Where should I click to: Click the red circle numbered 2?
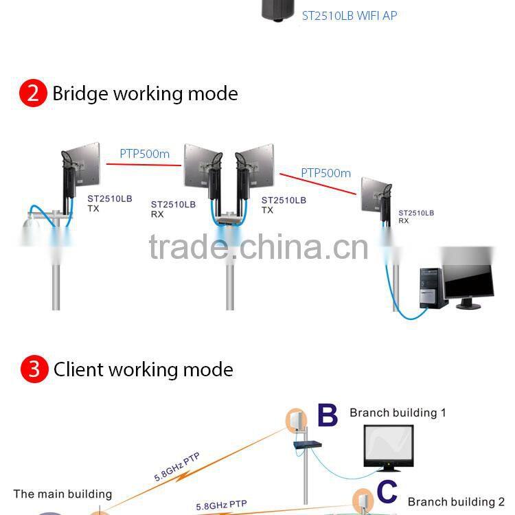(x=33, y=93)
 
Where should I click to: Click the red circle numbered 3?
(x=34, y=369)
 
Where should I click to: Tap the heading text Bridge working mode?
(x=145, y=93)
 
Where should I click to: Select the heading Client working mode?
(x=143, y=369)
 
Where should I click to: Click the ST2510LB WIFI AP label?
(x=350, y=15)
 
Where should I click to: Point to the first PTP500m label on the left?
(x=144, y=154)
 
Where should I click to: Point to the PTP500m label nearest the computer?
(x=325, y=173)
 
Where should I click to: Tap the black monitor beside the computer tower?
(x=468, y=276)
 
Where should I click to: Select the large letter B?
(x=328, y=416)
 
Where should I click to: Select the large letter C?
(x=387, y=492)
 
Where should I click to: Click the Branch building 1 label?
(x=398, y=413)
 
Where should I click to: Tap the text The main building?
(x=62, y=494)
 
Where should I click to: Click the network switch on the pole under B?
(x=308, y=445)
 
